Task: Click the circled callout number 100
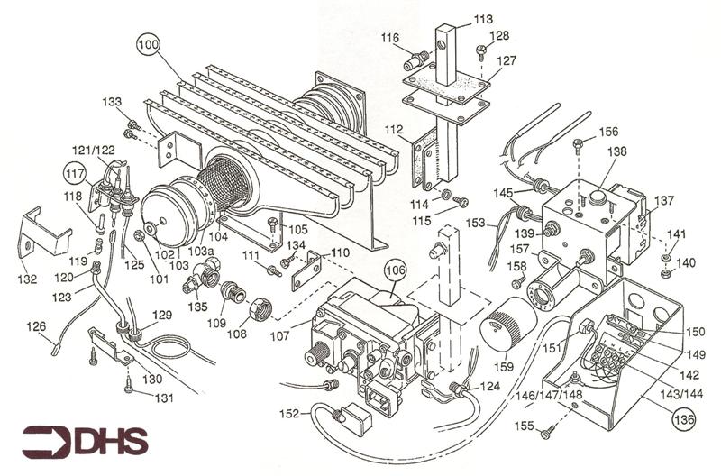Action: (148, 42)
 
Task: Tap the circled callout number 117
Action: (75, 169)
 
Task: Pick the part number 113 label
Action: (483, 19)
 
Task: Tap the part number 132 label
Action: (27, 279)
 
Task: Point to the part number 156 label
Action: (609, 132)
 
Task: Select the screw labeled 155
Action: (546, 434)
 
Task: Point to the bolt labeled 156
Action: (578, 144)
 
